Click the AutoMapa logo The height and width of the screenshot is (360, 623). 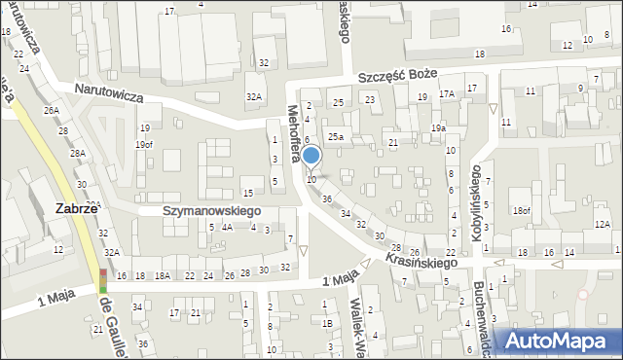[561, 341]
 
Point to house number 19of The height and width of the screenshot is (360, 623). [144, 145]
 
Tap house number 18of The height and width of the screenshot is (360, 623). [523, 210]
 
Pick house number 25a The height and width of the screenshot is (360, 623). [335, 137]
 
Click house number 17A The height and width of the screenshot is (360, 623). [447, 94]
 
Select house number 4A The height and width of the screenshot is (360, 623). [227, 228]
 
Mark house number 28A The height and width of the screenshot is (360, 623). [78, 154]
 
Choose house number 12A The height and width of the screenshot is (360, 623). [603, 225]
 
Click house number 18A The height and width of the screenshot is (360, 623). [162, 276]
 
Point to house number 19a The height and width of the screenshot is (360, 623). [439, 128]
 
